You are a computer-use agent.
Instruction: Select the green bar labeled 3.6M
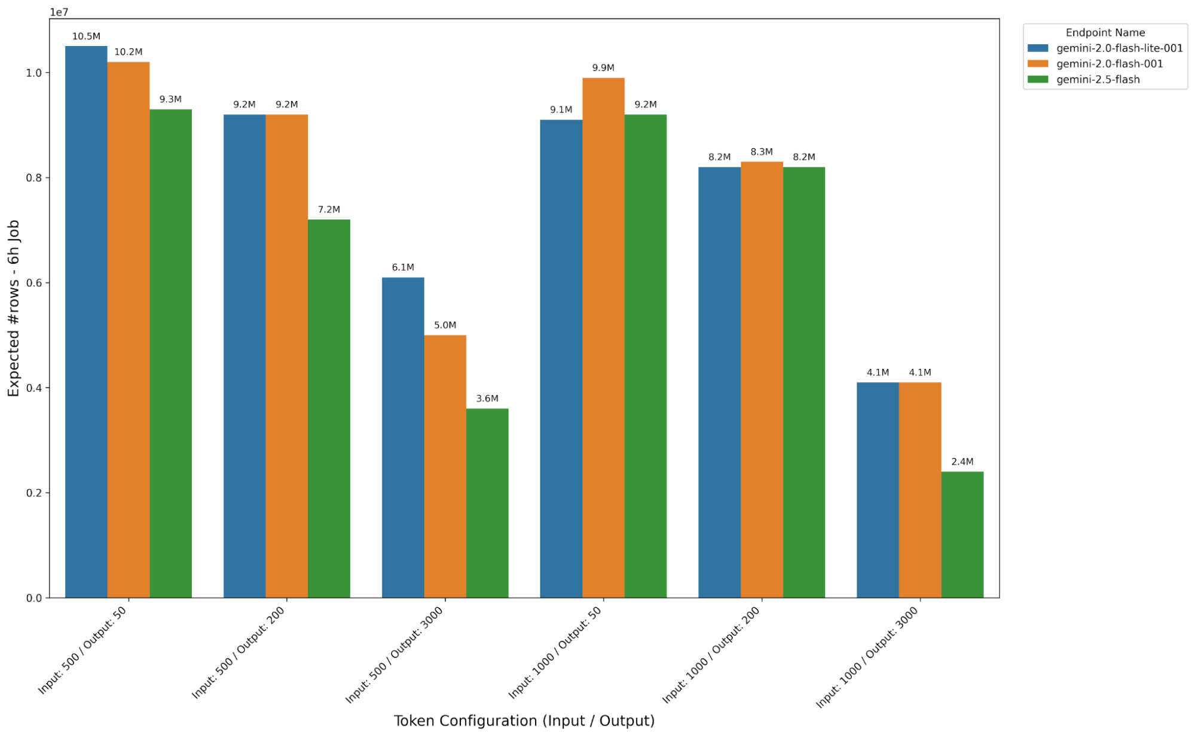click(487, 503)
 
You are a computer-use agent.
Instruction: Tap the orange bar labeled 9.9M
click(603, 337)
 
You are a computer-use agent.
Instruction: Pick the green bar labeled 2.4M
click(962, 535)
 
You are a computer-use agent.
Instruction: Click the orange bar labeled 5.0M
click(445, 466)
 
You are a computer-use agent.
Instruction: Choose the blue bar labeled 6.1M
click(403, 437)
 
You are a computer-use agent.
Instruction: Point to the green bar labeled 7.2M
click(329, 408)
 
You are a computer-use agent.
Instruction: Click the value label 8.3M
click(762, 152)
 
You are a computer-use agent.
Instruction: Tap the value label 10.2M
click(129, 52)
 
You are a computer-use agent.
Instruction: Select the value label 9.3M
click(170, 99)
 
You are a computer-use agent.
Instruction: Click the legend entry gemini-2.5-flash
click(1098, 80)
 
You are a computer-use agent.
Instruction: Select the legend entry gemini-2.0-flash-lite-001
click(1119, 48)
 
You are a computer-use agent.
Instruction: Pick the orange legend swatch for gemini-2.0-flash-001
click(1038, 64)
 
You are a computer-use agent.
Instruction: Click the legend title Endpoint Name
click(1105, 33)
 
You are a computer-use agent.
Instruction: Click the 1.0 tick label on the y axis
click(34, 73)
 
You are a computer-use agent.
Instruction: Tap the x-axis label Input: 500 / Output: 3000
click(395, 655)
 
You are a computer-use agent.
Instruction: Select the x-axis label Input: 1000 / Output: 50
click(555, 652)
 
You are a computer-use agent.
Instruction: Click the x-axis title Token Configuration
click(524, 720)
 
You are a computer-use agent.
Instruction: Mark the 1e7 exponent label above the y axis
click(59, 12)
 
